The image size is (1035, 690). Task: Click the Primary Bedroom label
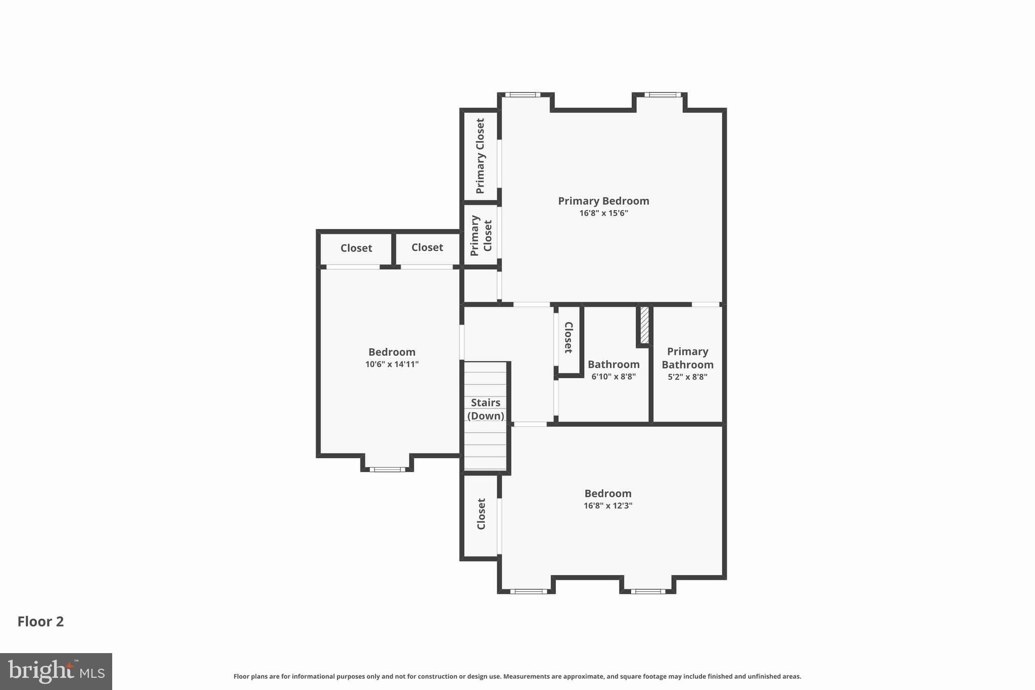603,201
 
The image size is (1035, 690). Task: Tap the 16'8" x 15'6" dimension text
603,213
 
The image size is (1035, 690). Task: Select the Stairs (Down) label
486,409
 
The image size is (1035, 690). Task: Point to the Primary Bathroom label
687,358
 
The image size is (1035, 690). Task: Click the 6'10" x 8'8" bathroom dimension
614,377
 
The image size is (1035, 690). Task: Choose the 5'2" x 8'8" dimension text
687,377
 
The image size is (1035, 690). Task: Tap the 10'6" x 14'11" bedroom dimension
392,364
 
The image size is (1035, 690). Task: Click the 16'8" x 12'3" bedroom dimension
608,505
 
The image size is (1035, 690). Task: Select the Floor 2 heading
40,621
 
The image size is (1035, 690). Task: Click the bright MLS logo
56,671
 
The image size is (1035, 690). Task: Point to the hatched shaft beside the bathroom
644,325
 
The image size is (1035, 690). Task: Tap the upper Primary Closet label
480,156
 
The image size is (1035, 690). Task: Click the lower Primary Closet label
481,236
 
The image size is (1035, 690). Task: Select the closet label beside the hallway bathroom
569,337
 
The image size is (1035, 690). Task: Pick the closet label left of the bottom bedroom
481,514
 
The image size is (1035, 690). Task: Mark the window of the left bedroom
387,470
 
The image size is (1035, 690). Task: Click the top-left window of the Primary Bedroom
523,95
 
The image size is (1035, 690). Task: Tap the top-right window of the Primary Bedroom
662,95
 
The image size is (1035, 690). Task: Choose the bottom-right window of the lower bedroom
647,591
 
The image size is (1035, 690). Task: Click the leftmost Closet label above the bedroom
356,248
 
